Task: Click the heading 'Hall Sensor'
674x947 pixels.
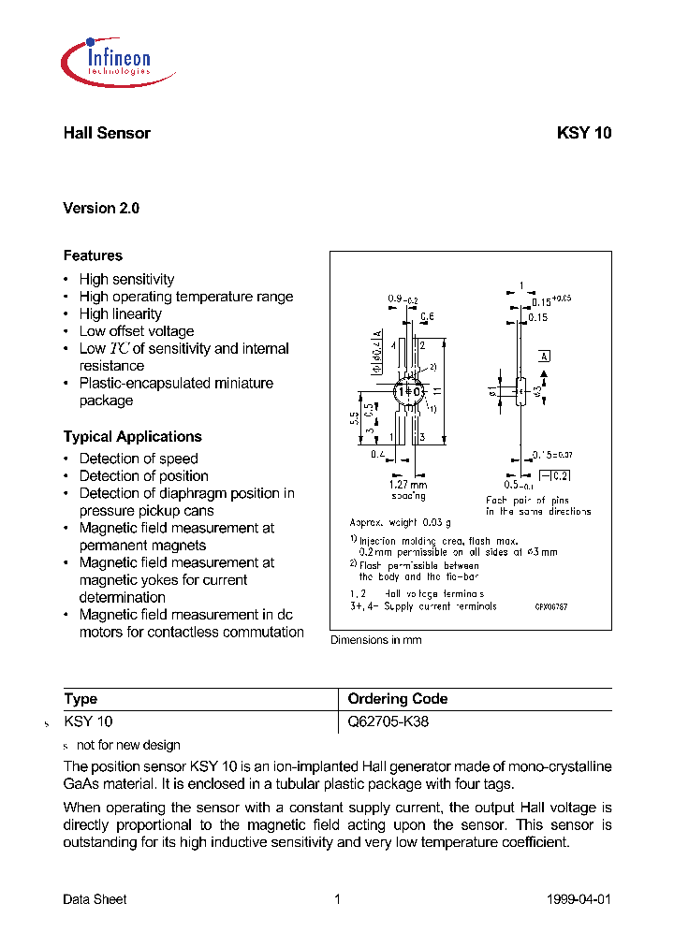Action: pyautogui.click(x=107, y=133)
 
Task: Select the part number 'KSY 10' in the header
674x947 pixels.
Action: pyautogui.click(x=583, y=133)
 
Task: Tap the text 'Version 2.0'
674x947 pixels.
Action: pyautogui.click(x=101, y=209)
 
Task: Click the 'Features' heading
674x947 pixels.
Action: pyautogui.click(x=93, y=255)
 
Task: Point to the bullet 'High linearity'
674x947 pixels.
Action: pyautogui.click(x=120, y=314)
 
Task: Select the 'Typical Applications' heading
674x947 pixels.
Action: pyautogui.click(x=132, y=437)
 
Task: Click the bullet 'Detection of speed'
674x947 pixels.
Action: pyautogui.click(x=139, y=459)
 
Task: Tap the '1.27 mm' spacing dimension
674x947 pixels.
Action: pyautogui.click(x=407, y=485)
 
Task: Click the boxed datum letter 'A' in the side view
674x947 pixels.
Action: pyautogui.click(x=544, y=357)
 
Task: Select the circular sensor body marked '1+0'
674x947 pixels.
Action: pyautogui.click(x=408, y=390)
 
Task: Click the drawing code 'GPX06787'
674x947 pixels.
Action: pyautogui.click(x=551, y=607)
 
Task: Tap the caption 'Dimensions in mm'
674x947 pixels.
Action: pyautogui.click(x=376, y=640)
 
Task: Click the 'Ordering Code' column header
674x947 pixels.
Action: pyautogui.click(x=397, y=699)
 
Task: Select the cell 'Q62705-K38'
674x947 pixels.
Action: pyautogui.click(x=388, y=722)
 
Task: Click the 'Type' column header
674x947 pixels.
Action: pyautogui.click(x=81, y=699)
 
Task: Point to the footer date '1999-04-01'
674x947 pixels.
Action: pyautogui.click(x=578, y=899)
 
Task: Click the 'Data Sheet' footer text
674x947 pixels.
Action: pyautogui.click(x=95, y=899)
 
